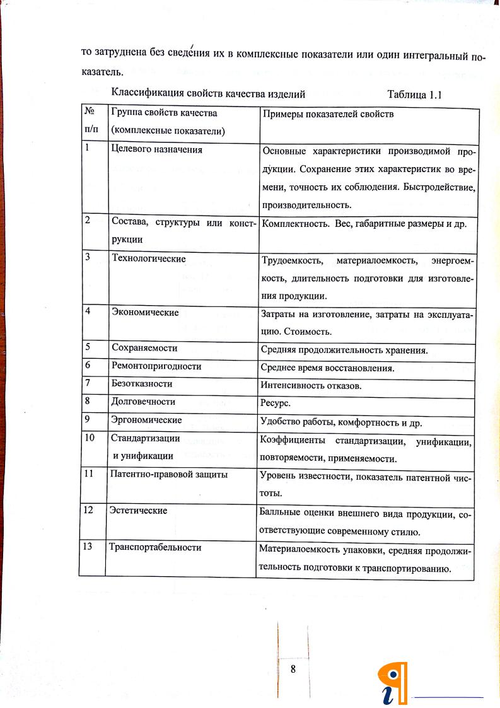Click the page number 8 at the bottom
click(x=293, y=669)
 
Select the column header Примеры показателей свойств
click(x=327, y=114)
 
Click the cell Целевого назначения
click(x=156, y=150)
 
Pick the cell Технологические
click(x=148, y=258)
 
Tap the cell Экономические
click(x=145, y=313)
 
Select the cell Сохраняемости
click(x=144, y=348)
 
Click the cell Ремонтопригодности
click(x=156, y=366)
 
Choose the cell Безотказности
click(x=142, y=383)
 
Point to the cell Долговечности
click(x=143, y=401)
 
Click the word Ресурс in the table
click(x=274, y=402)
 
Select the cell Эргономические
click(x=146, y=420)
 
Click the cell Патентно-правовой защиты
click(x=168, y=474)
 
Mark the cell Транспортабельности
click(x=155, y=547)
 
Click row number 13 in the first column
click(x=88, y=547)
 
